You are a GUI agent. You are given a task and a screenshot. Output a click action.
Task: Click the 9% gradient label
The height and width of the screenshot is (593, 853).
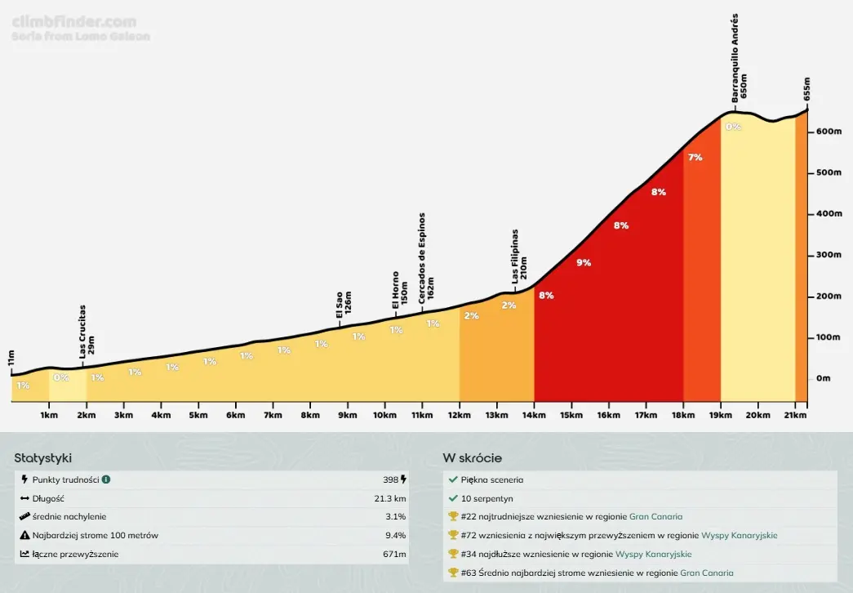coord(584,263)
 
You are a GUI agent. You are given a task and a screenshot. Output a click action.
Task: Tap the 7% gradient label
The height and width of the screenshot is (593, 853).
coord(695,158)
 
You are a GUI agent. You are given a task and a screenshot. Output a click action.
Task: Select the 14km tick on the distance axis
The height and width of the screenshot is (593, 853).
coord(534,416)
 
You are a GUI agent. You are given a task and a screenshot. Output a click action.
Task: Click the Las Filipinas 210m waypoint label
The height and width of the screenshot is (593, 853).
coord(519,255)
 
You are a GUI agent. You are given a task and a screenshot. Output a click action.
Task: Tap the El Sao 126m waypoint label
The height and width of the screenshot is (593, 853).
coord(344,304)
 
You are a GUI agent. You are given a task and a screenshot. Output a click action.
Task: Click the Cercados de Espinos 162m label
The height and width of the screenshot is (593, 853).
coord(426,259)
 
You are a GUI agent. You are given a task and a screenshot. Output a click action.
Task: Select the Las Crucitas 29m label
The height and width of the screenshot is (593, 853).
coord(87,332)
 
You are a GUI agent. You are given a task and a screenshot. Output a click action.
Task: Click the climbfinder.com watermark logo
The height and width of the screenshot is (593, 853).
coord(74,23)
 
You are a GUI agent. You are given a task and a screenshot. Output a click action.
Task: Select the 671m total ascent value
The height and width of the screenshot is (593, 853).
coord(395,555)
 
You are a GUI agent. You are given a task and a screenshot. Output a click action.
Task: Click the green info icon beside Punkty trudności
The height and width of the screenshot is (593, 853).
coord(106,479)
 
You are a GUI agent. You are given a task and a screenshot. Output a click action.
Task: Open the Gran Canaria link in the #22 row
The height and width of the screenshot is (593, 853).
coord(655,516)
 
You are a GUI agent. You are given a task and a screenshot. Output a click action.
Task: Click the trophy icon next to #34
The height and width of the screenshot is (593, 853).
coord(453,554)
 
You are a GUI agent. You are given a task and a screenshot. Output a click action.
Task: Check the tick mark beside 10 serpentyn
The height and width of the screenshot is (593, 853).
coord(453,498)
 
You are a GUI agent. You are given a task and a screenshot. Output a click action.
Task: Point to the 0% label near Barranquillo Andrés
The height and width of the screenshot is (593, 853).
coord(733,127)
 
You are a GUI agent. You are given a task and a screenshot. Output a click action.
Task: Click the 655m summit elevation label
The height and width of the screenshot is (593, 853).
coord(806,89)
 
